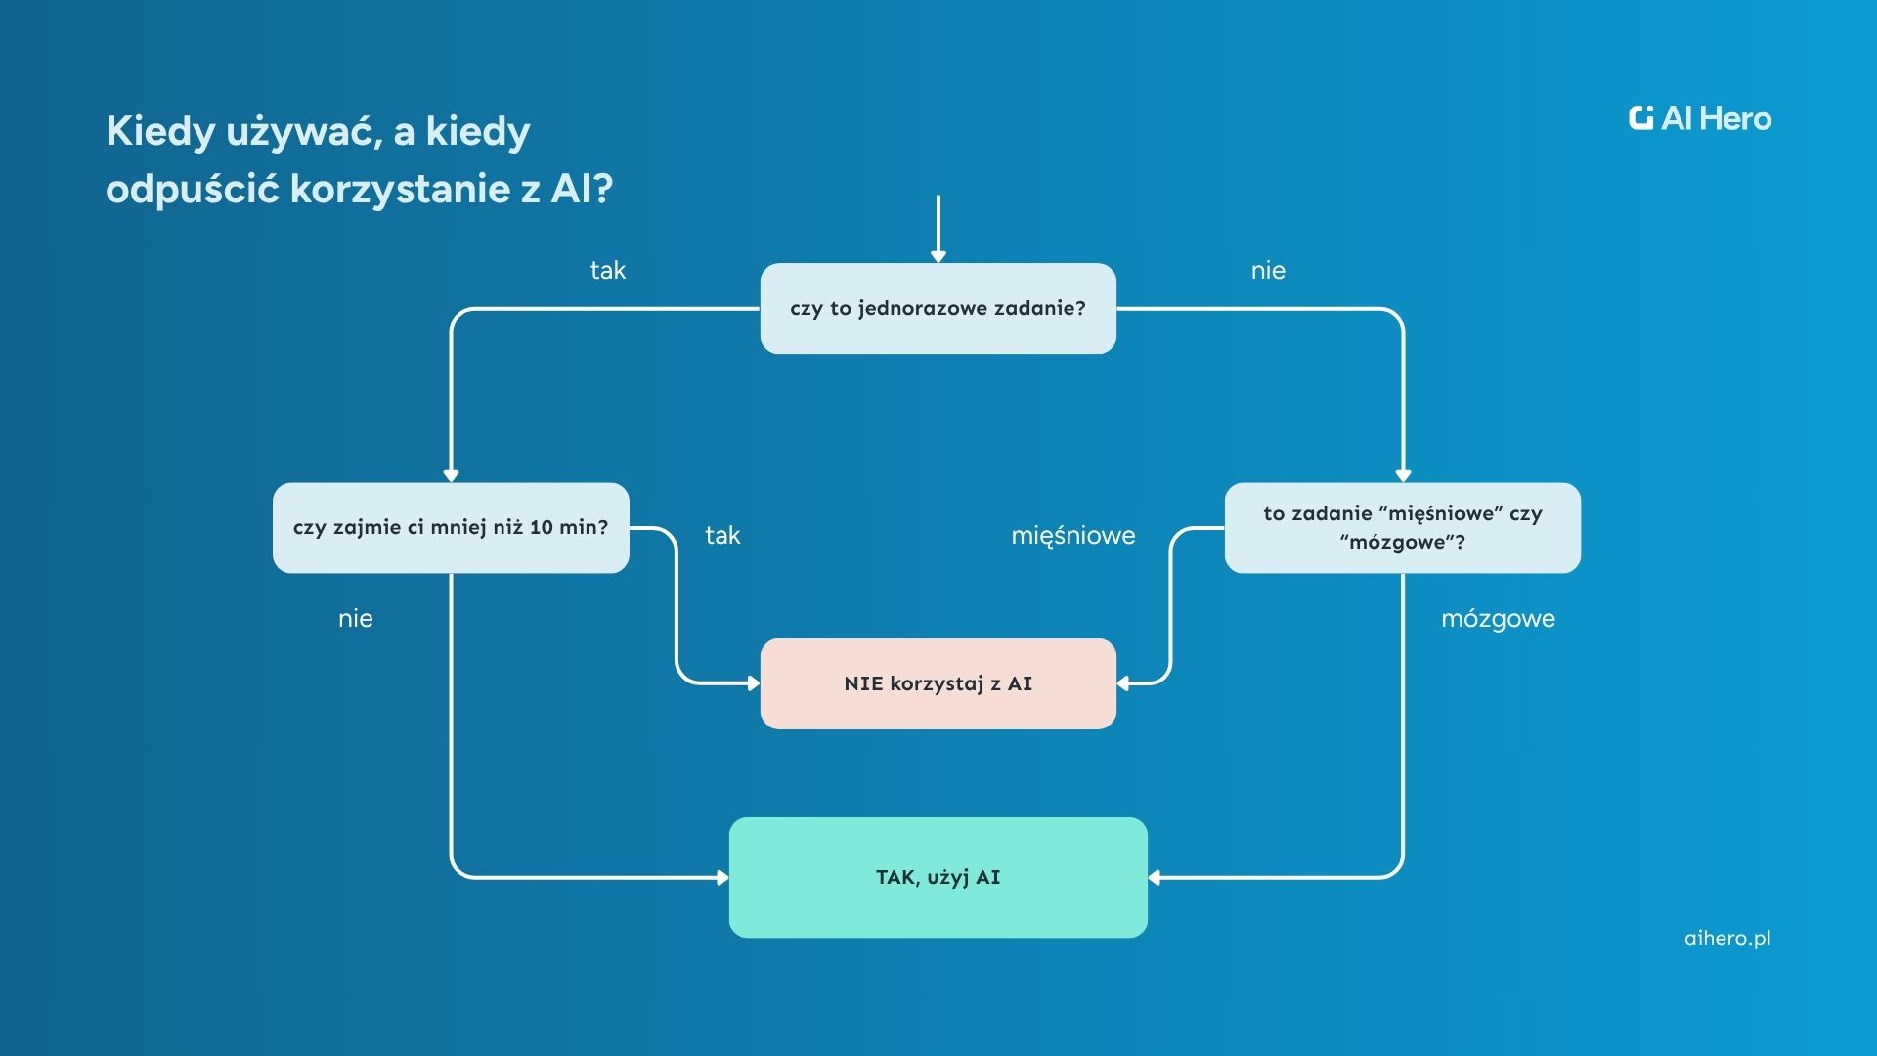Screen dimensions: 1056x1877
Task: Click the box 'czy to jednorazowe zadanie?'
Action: (938, 308)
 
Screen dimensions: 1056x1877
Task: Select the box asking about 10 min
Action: (451, 527)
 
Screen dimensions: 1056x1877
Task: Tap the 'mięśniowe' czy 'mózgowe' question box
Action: (1402, 527)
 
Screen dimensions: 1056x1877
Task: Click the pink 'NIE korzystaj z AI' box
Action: (938, 683)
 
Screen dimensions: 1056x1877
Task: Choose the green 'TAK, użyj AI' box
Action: (938, 877)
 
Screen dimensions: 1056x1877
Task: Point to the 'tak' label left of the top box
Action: (607, 271)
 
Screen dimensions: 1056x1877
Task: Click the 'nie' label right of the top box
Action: (1268, 271)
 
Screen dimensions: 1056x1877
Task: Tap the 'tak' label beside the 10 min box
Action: (722, 536)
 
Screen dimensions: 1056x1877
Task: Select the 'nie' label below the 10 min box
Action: (355, 619)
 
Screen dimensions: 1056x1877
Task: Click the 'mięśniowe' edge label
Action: (1072, 536)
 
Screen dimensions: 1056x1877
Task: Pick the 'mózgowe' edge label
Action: (1498, 619)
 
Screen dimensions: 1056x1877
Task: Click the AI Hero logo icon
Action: (1641, 118)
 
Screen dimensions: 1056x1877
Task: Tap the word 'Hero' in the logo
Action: (1735, 119)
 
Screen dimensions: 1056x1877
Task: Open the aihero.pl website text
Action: (1727, 938)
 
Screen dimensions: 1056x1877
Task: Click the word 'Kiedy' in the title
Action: (160, 131)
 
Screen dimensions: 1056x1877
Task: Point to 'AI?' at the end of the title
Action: (582, 188)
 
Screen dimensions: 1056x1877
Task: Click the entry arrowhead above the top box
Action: (938, 256)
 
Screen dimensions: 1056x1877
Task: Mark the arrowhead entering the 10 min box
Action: (451, 475)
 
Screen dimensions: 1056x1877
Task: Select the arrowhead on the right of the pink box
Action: (1123, 683)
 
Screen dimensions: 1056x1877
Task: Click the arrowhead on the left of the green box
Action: (722, 878)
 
